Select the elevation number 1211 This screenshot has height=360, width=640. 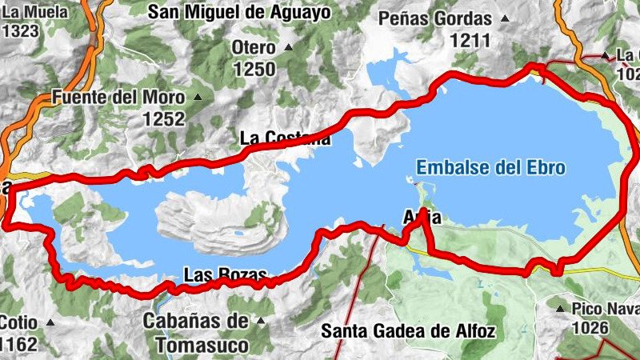coord(470,38)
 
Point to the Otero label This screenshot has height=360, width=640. coord(254,46)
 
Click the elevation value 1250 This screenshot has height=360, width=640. coord(254,69)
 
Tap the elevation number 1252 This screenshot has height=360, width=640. coord(164,119)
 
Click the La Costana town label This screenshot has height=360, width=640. coord(285,138)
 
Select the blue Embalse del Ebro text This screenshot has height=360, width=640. coord(491,168)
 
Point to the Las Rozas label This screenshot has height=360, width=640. coord(224,275)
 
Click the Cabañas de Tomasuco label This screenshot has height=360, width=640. coord(196,333)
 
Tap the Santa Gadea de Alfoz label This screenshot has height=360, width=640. coord(408,330)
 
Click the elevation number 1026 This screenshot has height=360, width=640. coord(593,328)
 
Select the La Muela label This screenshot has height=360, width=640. coord(24,12)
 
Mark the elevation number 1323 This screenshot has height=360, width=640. coord(21,31)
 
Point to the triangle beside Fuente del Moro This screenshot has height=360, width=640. coord(198,98)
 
